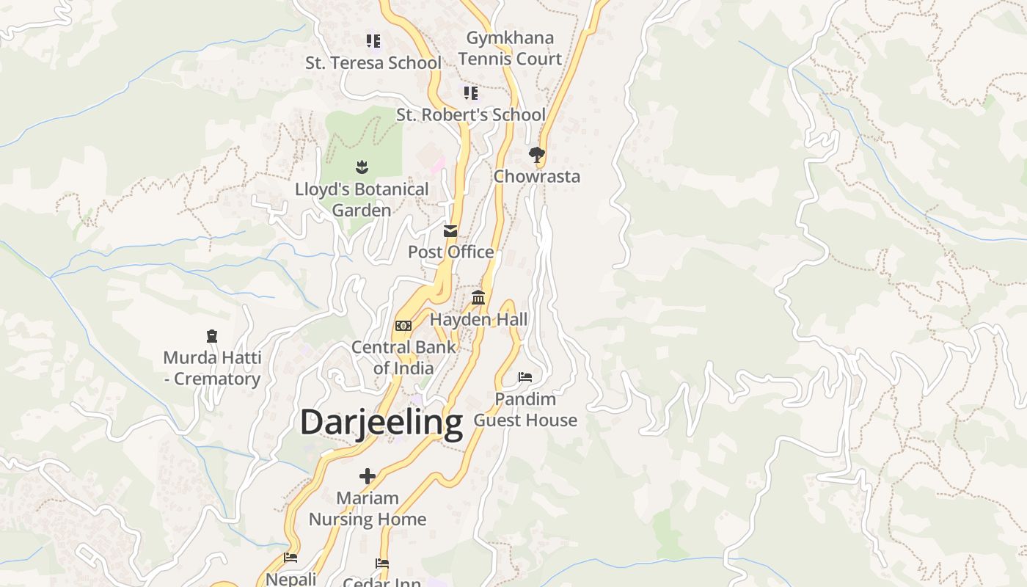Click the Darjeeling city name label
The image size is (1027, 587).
[x=381, y=423]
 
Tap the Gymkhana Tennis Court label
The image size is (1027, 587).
[x=510, y=48]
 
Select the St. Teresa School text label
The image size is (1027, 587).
[x=373, y=63]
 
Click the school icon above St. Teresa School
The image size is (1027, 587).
[x=373, y=40]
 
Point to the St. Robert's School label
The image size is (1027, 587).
[x=471, y=115]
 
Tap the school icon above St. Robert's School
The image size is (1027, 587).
[x=471, y=92]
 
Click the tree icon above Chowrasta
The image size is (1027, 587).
[x=536, y=154]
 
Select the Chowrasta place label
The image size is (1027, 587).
[x=536, y=177]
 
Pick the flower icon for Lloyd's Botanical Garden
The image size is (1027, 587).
[x=362, y=167]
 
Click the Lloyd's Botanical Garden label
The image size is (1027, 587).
[x=362, y=200]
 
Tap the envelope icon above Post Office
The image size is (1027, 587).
[x=450, y=231]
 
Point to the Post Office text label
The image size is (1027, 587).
[x=450, y=252]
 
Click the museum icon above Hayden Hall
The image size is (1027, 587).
[x=478, y=297]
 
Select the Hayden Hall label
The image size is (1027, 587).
[x=478, y=320]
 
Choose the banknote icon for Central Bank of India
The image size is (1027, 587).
[x=403, y=326]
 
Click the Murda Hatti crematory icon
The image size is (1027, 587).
[x=212, y=336]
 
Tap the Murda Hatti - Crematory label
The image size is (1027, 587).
[x=212, y=368]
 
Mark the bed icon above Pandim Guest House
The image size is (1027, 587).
[x=525, y=377]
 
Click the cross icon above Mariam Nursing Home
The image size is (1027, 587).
[x=368, y=476]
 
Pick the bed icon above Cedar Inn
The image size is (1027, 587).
[x=382, y=564]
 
